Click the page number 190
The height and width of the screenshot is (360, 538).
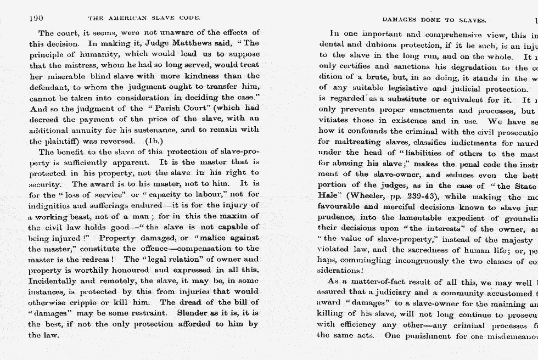click(36, 18)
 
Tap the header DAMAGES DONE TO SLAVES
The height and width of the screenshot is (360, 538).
click(434, 20)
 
